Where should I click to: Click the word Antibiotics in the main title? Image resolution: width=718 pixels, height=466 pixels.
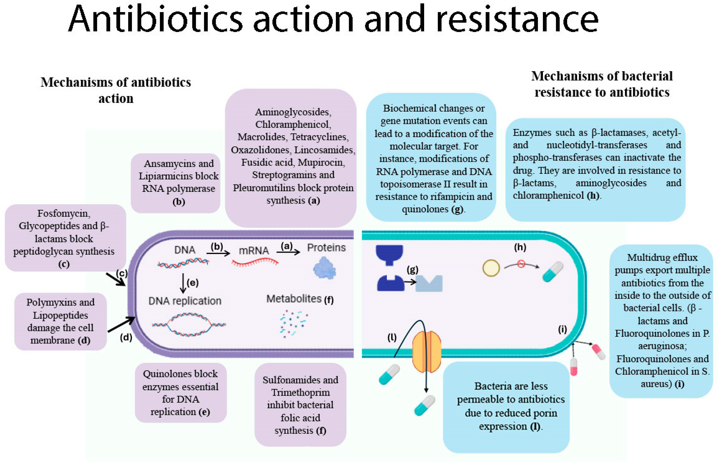click(155, 19)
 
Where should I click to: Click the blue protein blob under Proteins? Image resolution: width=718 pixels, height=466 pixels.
click(324, 268)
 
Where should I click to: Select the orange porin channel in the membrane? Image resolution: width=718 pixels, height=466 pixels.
click(426, 352)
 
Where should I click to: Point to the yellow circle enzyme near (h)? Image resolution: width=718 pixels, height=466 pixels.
click(491, 268)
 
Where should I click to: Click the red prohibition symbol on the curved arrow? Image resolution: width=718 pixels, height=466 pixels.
click(521, 264)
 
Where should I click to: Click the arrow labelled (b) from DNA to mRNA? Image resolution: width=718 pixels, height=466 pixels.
click(218, 253)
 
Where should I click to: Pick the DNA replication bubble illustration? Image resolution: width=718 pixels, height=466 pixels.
click(189, 325)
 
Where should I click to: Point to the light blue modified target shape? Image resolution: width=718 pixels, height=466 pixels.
click(429, 284)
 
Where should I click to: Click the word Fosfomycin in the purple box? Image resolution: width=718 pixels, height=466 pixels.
click(64, 213)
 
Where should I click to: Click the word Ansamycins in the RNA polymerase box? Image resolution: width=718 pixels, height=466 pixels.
click(166, 164)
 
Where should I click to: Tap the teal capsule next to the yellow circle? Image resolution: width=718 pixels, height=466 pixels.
click(553, 272)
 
